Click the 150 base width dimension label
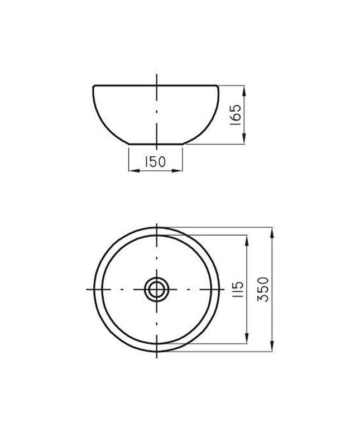(x=156, y=162)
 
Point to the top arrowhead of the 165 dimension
(x=244, y=88)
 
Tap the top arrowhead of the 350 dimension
(x=272, y=229)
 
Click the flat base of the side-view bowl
(x=156, y=144)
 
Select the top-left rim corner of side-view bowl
(x=94, y=86)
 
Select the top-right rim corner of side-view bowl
(x=219, y=86)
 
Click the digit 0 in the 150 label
(x=163, y=162)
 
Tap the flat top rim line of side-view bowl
(x=128, y=85)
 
